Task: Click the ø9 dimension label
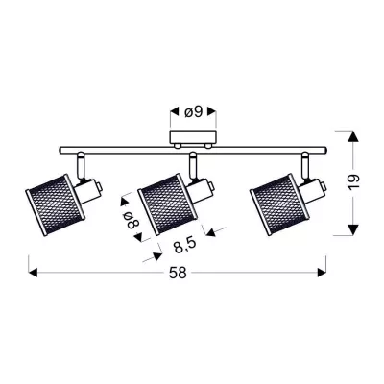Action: tap(192, 111)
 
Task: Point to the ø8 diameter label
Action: tap(132, 224)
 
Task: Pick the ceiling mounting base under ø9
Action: tap(192, 139)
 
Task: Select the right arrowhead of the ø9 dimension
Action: tap(211, 111)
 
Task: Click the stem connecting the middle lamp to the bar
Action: tap(193, 163)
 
